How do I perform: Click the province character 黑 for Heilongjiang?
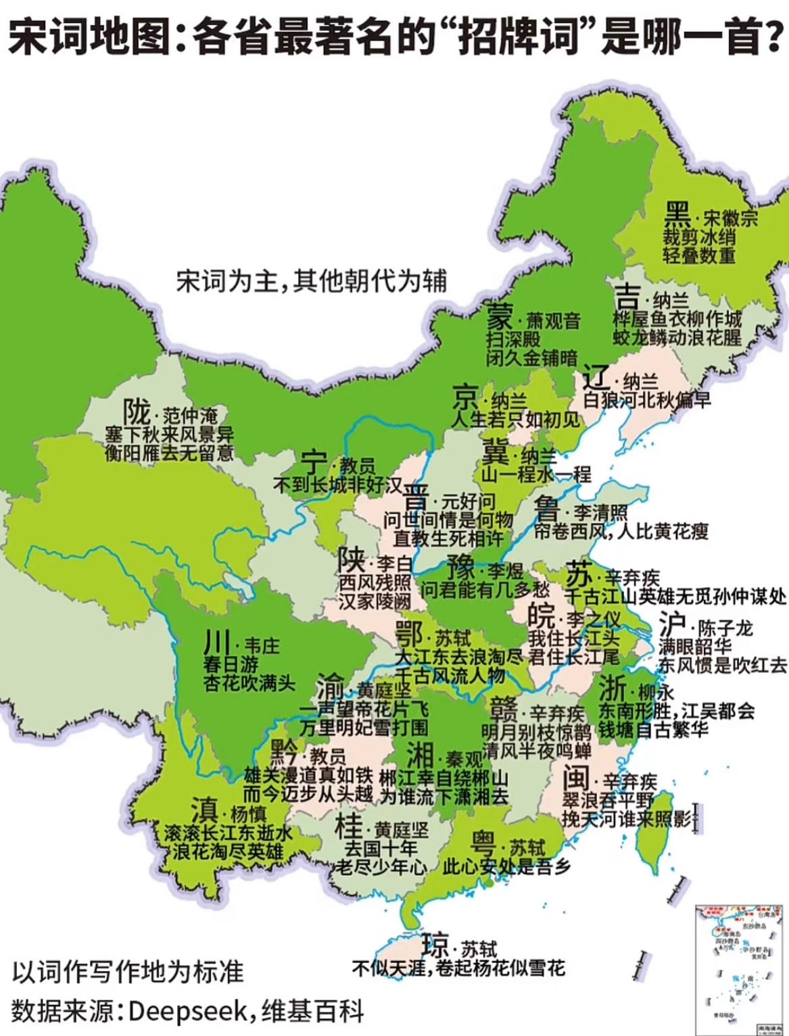pos(677,216)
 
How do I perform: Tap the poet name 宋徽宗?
pos(730,218)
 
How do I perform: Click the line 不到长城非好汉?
pos(337,485)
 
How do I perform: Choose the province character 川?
pos(218,643)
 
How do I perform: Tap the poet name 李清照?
pos(600,512)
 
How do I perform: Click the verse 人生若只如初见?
pos(515,420)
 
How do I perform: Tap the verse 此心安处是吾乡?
pos(506,866)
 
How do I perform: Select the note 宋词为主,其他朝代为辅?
pos(312,280)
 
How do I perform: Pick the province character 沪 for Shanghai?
pos(673,625)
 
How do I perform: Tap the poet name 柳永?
pos(656,693)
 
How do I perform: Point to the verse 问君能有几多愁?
pos(485,590)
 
